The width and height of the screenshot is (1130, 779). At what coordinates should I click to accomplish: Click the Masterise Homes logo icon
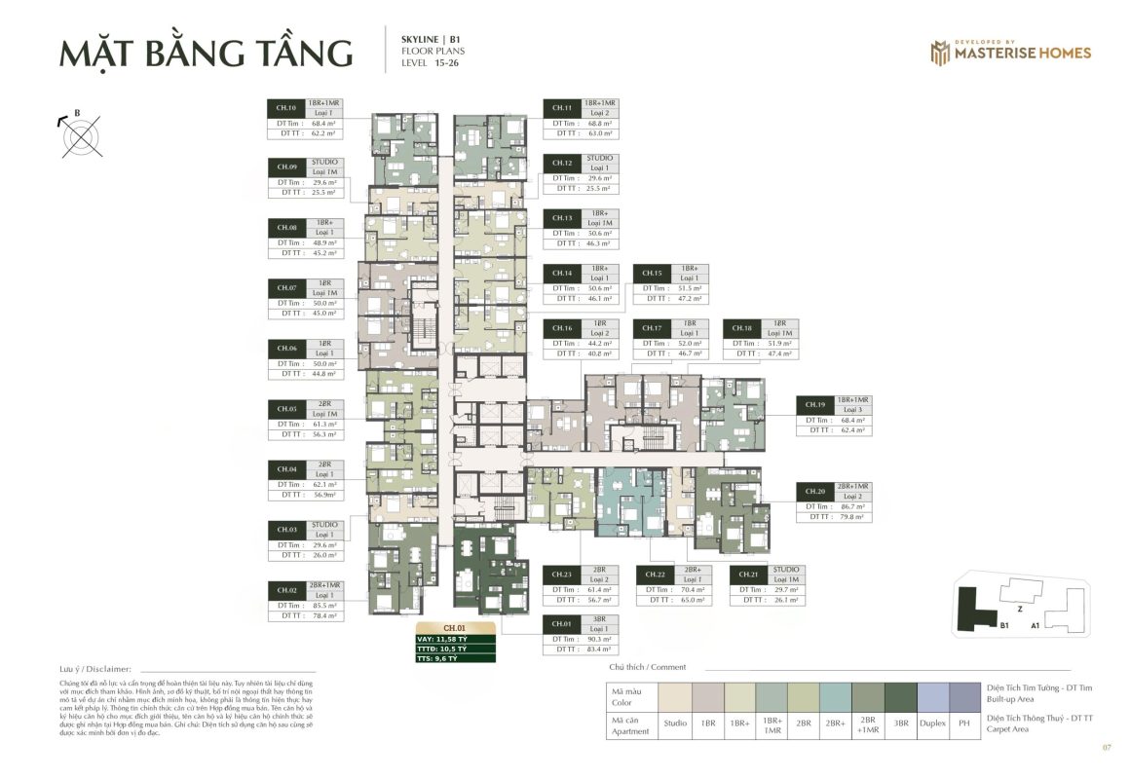pyautogui.click(x=939, y=53)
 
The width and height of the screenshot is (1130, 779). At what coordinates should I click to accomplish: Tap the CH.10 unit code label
pyautogui.click(x=286, y=108)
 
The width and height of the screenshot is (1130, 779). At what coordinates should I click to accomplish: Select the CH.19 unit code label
pyautogui.click(x=815, y=404)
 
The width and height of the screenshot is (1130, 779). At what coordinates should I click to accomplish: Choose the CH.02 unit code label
pyautogui.click(x=286, y=590)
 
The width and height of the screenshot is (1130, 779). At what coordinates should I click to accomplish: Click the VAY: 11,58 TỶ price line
pyautogui.click(x=455, y=639)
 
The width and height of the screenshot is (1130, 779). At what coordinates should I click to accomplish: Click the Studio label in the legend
pyautogui.click(x=675, y=723)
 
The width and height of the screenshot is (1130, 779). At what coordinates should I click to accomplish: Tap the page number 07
pyautogui.click(x=1106, y=748)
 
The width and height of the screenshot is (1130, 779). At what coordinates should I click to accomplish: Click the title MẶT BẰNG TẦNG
pyautogui.click(x=206, y=53)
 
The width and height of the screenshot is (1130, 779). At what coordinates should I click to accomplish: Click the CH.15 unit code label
pyautogui.click(x=650, y=273)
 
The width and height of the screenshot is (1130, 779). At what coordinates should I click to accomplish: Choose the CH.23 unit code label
pyautogui.click(x=561, y=575)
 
